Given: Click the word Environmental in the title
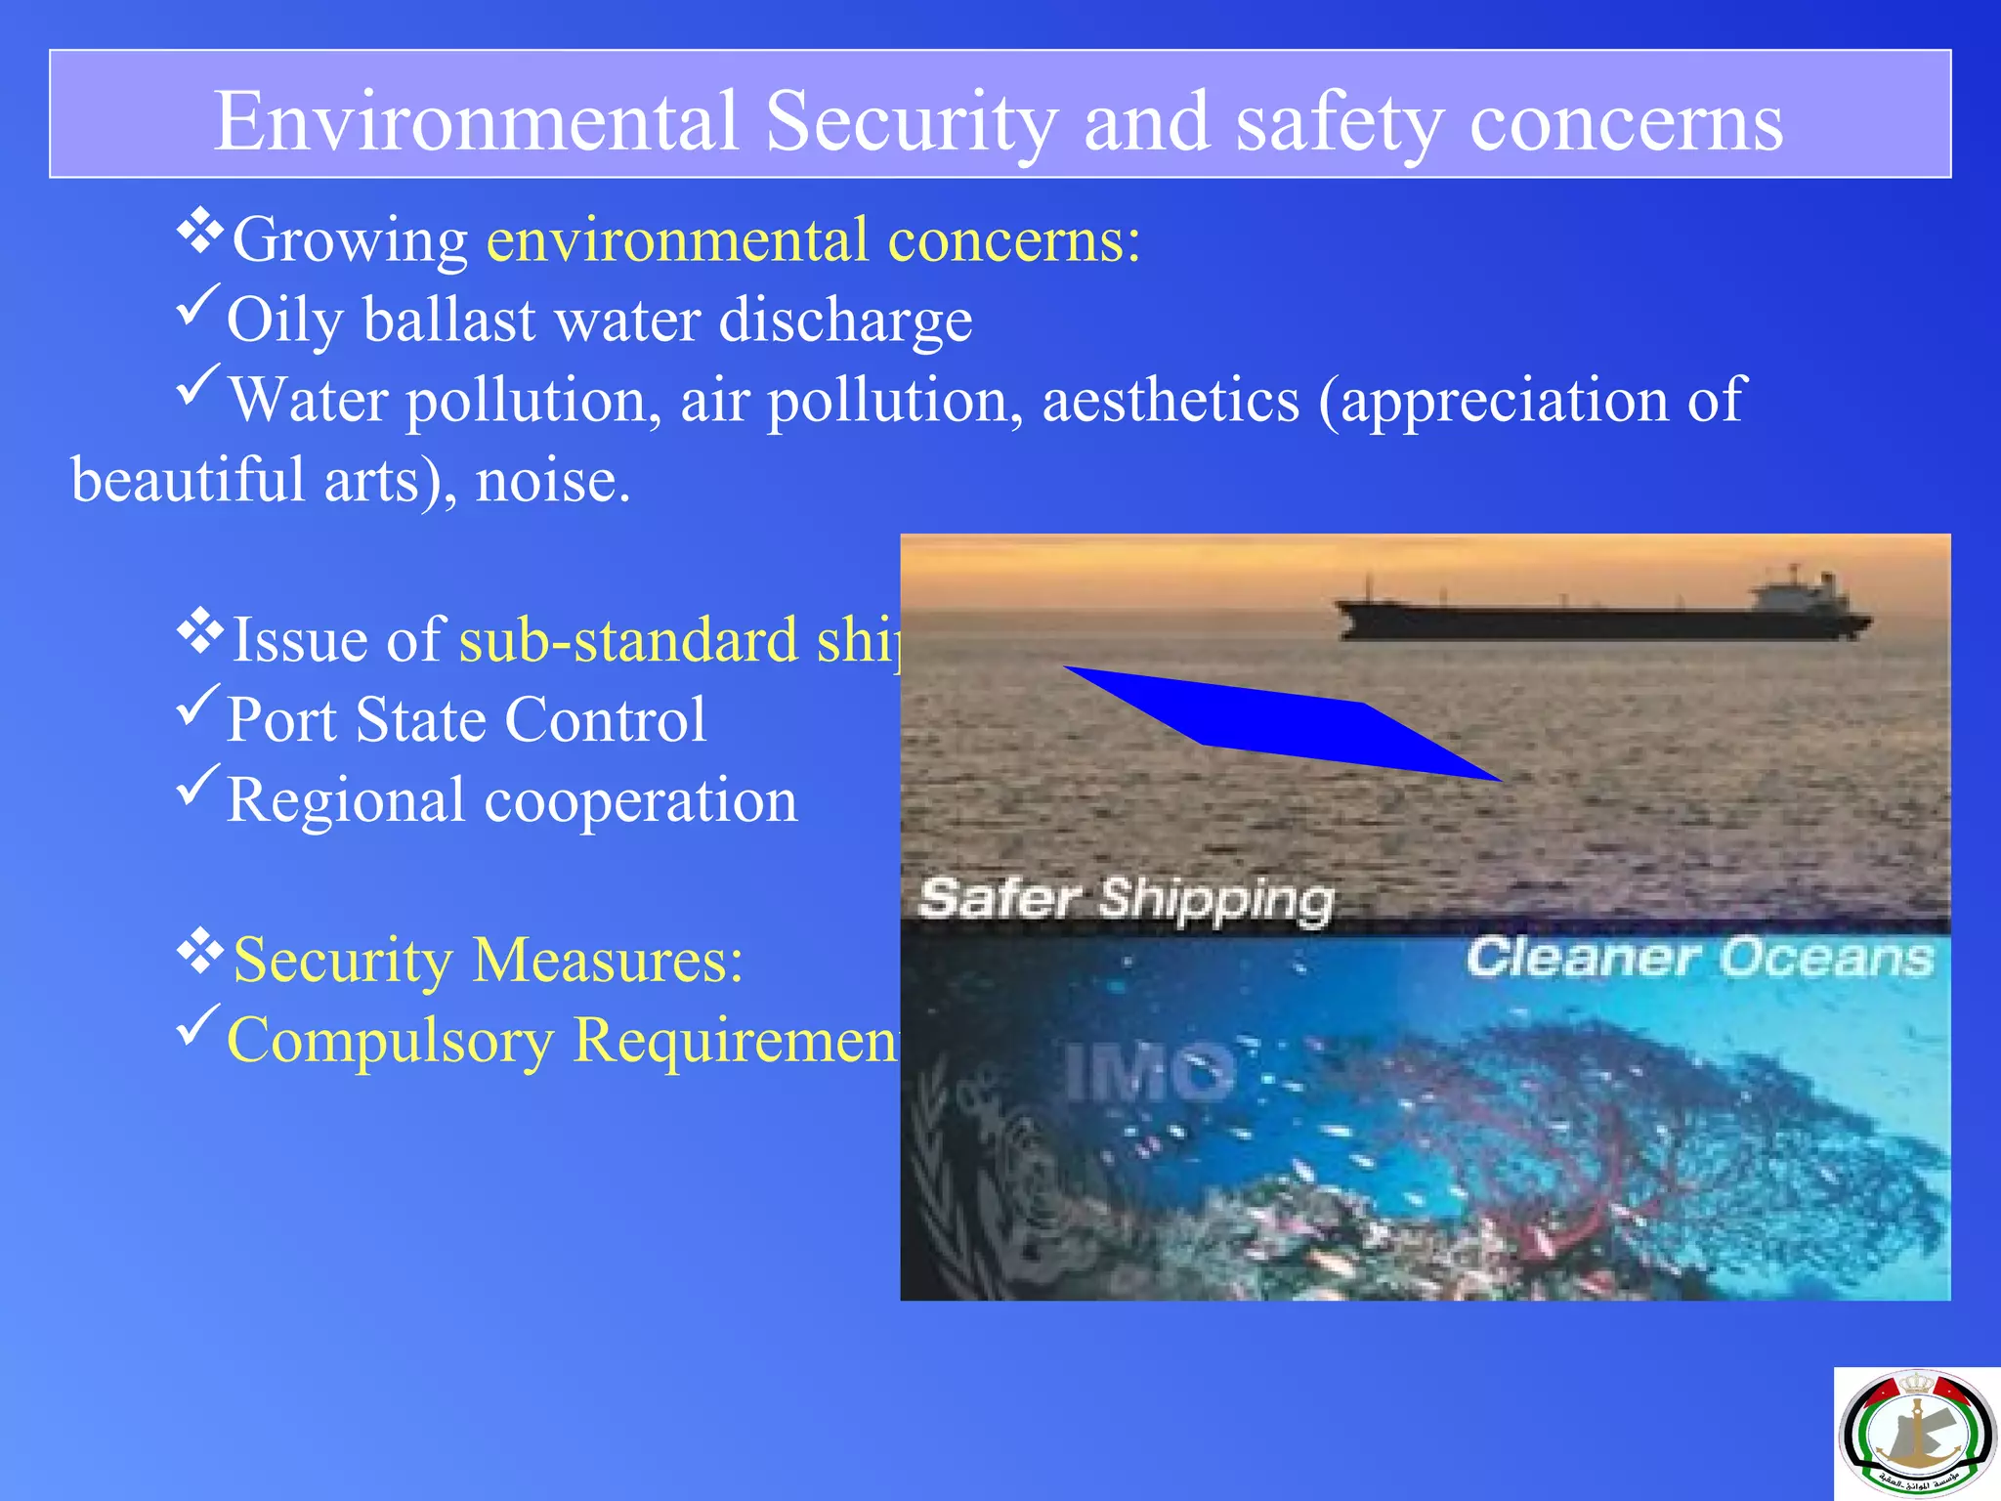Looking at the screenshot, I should click(x=476, y=121).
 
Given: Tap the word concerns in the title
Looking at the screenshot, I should click(x=1626, y=121).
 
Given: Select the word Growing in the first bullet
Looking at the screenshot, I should click(x=350, y=240).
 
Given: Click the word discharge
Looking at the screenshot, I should click(x=845, y=321).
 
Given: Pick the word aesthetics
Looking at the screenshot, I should click(x=1171, y=401).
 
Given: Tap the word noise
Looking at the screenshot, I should click(x=552, y=481).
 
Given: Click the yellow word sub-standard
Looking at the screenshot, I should click(x=628, y=641).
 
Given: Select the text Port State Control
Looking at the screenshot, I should click(x=466, y=720).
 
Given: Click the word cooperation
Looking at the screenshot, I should click(x=641, y=800).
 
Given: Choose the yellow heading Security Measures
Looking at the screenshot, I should click(x=488, y=960).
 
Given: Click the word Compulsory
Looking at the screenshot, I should click(x=390, y=1040).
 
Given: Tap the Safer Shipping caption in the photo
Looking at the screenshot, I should click(x=1126, y=898).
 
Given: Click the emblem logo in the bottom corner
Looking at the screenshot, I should click(x=1916, y=1434).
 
